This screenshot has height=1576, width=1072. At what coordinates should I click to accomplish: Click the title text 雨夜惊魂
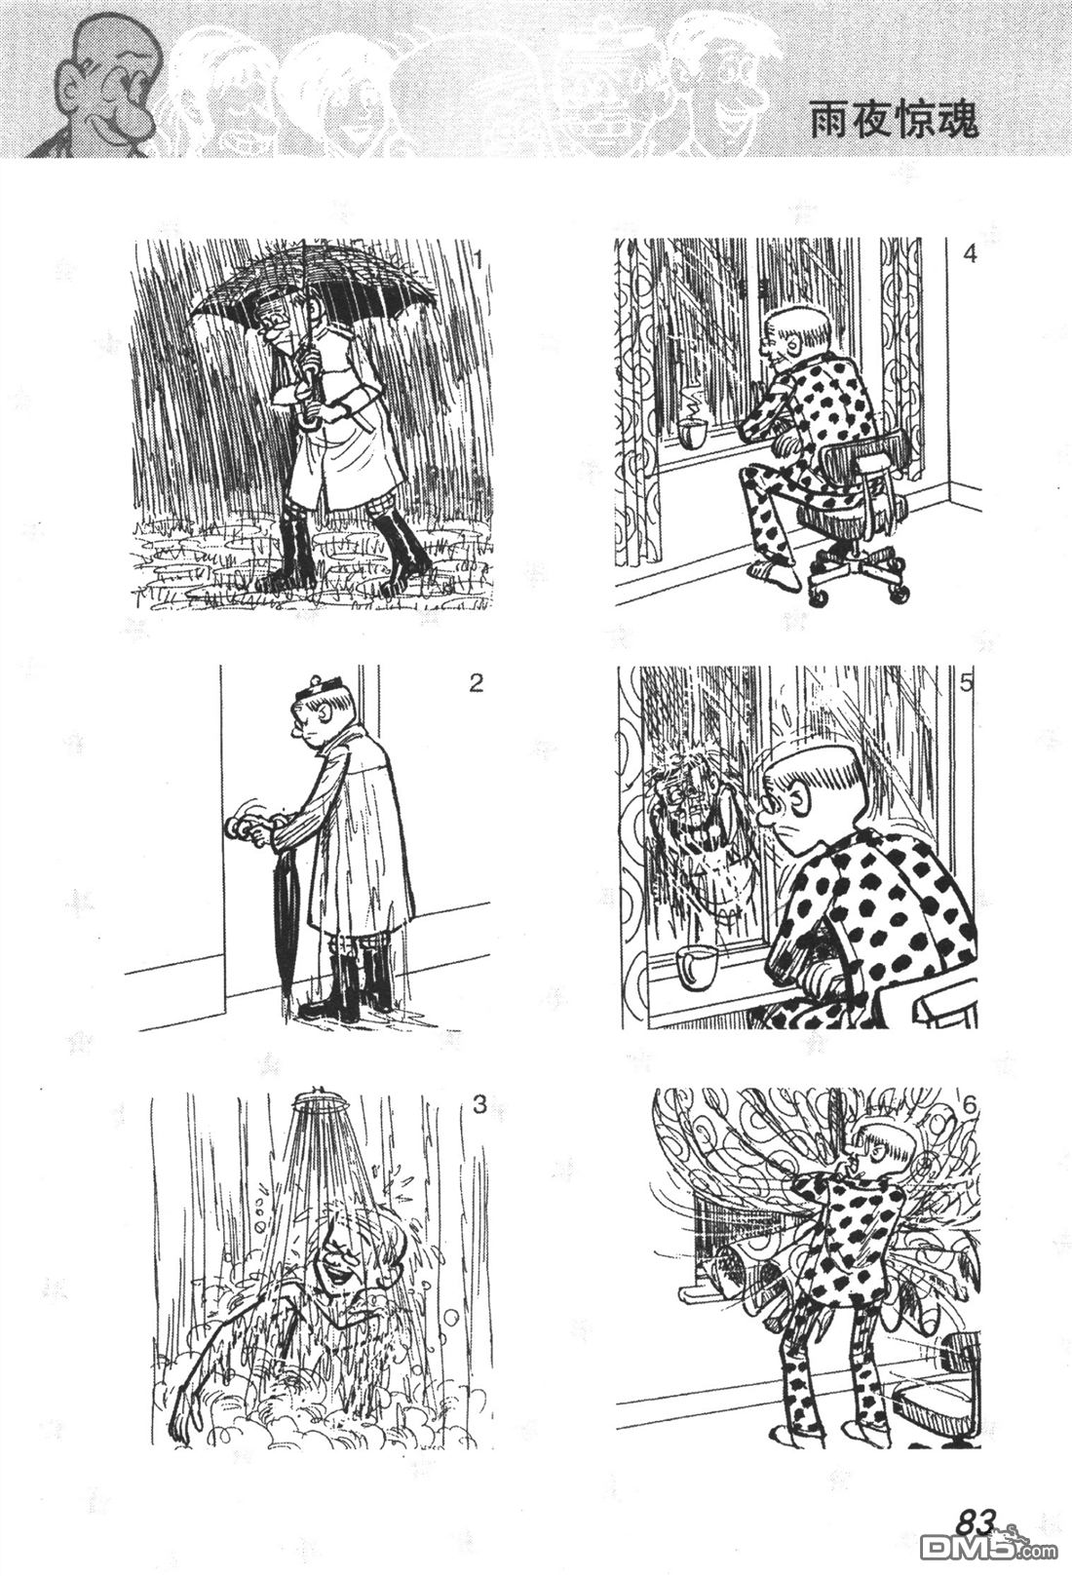[x=894, y=122]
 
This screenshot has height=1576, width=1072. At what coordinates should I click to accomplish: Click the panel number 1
[x=479, y=262]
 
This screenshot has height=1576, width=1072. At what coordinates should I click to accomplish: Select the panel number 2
[x=477, y=683]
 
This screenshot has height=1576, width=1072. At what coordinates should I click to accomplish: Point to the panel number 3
[x=479, y=1105]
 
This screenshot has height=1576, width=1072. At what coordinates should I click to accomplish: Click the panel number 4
[x=970, y=254]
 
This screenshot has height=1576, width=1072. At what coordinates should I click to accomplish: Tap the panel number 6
[x=970, y=1105]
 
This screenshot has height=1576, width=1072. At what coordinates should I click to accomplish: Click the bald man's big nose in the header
[x=133, y=116]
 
